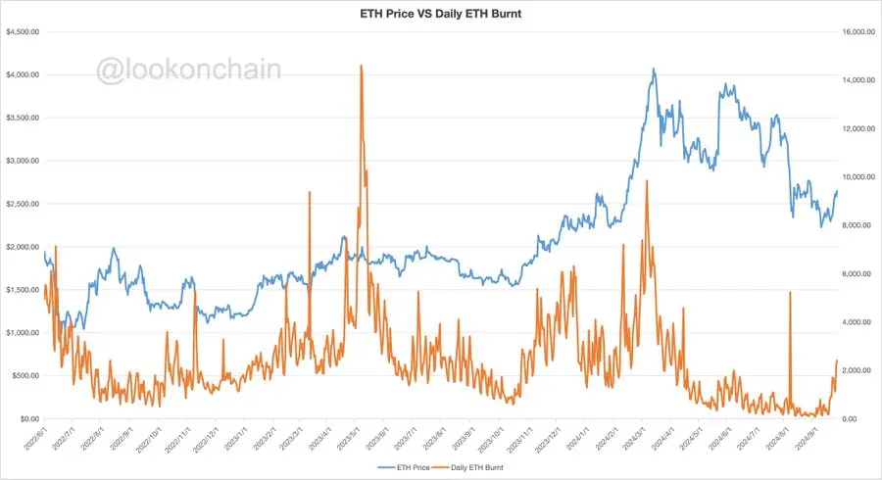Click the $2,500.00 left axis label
(x=22, y=204)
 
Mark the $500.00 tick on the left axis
(x=24, y=375)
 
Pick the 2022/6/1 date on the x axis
(x=35, y=439)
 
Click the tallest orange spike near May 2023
(x=362, y=67)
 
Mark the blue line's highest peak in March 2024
(x=654, y=70)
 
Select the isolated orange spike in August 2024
(x=790, y=293)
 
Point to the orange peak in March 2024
(x=646, y=182)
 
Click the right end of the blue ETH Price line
(x=837, y=191)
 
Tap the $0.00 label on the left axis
(x=27, y=418)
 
